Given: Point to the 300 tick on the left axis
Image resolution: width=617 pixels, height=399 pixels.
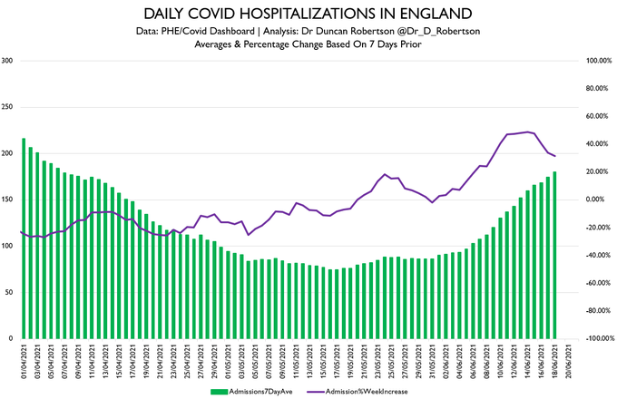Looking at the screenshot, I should click(7, 61).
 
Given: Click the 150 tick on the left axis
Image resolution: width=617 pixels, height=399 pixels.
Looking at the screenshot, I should click(7, 199).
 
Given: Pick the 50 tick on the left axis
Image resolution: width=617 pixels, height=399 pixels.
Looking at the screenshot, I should click(9, 293).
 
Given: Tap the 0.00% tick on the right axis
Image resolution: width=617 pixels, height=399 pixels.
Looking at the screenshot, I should click(594, 199).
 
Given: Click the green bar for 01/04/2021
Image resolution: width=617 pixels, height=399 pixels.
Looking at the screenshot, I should click(23, 238).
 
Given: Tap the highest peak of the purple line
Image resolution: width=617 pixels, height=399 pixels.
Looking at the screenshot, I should click(528, 132).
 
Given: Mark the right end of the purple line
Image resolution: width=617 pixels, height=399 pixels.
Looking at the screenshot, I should click(555, 157).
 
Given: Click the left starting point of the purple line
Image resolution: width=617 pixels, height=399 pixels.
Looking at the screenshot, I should click(20, 231).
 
